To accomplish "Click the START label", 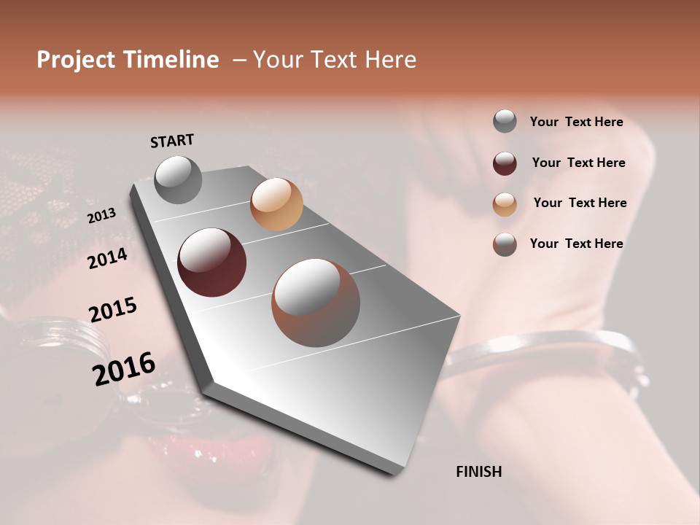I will [x=172, y=141].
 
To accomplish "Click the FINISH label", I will [x=478, y=472].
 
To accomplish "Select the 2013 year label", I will [x=101, y=216].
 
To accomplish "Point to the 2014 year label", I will [x=107, y=259].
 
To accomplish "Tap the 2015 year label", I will [x=113, y=310].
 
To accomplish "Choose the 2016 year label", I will [x=124, y=368].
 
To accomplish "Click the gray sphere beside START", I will [x=179, y=179].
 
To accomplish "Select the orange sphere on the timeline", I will [x=276, y=204].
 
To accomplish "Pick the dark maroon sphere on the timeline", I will [x=211, y=262].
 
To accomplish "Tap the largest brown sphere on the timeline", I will [x=316, y=303].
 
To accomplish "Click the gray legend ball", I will [x=505, y=121].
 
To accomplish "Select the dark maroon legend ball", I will [x=505, y=163].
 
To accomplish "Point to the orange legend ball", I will [x=505, y=204].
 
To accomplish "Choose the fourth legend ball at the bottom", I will [x=505, y=244].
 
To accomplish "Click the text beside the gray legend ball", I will [x=576, y=122].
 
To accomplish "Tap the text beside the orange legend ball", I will [x=580, y=203].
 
